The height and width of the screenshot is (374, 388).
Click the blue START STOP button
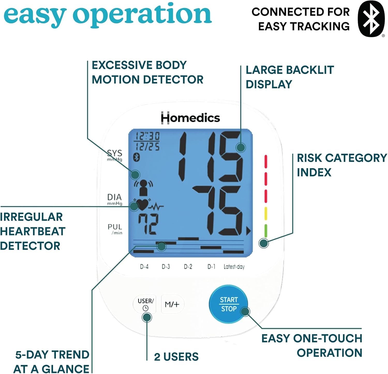click(228, 304)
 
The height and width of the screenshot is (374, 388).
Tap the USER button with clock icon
click(145, 304)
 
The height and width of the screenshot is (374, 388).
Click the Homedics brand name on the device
click(190, 118)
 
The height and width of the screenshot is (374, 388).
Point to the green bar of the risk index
click(266, 230)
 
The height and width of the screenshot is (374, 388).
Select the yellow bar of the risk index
click(266, 213)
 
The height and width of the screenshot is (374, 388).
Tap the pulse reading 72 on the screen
click(148, 224)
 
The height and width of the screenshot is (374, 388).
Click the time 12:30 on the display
click(148, 136)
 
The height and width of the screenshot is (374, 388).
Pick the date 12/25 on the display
click(148, 147)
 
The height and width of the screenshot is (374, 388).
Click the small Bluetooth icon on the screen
click(136, 157)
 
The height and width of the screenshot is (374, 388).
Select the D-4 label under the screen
click(144, 266)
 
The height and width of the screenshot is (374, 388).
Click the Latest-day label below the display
click(234, 266)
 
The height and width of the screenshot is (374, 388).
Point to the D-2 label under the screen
click(188, 266)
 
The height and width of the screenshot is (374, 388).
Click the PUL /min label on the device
click(115, 229)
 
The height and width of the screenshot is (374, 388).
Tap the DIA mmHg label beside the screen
click(115, 199)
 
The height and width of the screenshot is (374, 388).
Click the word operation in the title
click(142, 15)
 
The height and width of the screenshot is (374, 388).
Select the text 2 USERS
click(176, 357)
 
